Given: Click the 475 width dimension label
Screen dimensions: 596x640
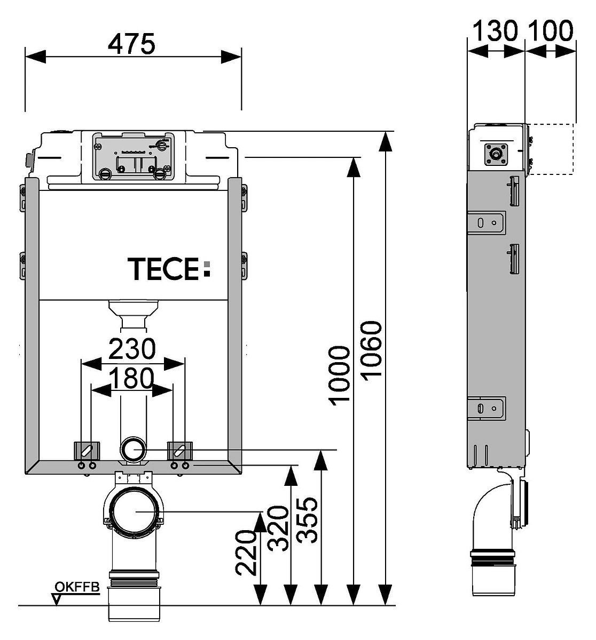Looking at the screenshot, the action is (131, 43).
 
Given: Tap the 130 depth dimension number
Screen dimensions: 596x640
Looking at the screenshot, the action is (495, 30).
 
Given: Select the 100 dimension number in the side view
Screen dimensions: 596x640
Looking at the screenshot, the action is (551, 30).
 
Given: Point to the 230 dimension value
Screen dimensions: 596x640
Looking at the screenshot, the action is (132, 349).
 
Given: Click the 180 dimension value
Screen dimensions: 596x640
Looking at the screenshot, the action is (132, 378).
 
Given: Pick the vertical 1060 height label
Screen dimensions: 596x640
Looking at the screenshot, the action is (371, 348).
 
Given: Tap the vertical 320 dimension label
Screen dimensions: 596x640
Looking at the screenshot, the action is (278, 529).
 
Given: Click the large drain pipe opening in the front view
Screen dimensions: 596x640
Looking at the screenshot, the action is (136, 511).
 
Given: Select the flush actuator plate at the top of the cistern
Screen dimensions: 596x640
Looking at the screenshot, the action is (134, 156).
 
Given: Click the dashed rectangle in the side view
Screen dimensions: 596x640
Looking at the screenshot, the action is (551, 149).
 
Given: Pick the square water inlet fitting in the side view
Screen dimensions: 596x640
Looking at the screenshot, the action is (495, 154).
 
